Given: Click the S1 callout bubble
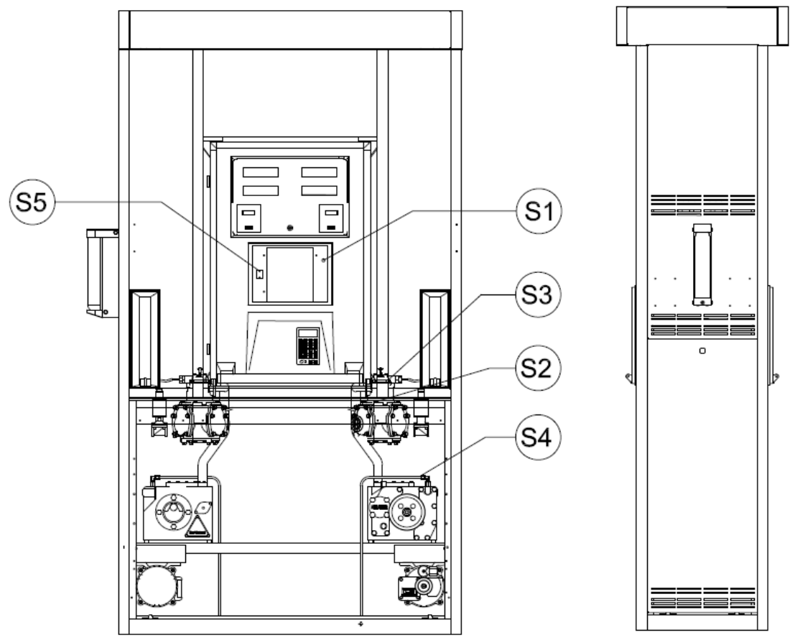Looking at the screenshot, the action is click(x=539, y=211).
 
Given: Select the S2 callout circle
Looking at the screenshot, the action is click(x=538, y=368).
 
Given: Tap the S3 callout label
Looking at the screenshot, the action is click(x=538, y=295).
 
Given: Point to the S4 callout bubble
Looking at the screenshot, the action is click(x=538, y=437).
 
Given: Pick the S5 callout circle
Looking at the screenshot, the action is click(x=32, y=202).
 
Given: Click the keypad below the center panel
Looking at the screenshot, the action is click(x=308, y=346).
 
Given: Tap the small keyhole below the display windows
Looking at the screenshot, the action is click(x=290, y=228).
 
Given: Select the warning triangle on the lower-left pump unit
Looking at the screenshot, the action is click(x=197, y=527).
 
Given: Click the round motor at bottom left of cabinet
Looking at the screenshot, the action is click(x=157, y=585).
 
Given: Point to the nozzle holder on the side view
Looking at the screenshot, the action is click(x=702, y=264).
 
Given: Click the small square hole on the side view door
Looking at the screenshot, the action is click(x=702, y=351).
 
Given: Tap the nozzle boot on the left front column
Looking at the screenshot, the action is click(x=145, y=338).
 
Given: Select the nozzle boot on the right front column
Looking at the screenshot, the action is click(x=435, y=338).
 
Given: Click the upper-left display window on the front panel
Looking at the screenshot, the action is click(x=261, y=172).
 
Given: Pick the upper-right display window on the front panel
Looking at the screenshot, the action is click(x=320, y=172).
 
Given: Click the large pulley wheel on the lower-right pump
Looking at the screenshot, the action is click(x=406, y=513).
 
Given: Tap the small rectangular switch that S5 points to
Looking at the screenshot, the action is click(x=259, y=274).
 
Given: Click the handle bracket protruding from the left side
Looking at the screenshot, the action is click(x=103, y=273).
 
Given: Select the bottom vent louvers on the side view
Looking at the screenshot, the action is click(x=702, y=598).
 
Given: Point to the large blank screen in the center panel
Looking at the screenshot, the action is click(x=290, y=274).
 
